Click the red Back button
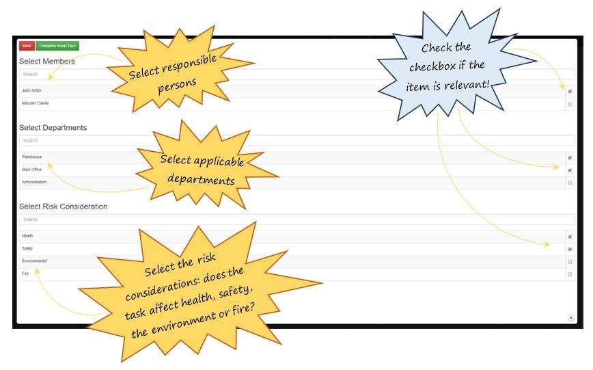[27, 46]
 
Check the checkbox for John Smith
[570, 91]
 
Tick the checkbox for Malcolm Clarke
[570, 104]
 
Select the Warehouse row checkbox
[570, 157]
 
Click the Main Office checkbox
[570, 170]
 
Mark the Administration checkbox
[570, 183]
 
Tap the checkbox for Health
[570, 237]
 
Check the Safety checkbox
[570, 249]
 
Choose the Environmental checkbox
[570, 262]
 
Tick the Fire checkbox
[570, 274]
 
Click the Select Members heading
[46, 61]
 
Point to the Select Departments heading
[53, 127]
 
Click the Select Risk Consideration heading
[63, 206]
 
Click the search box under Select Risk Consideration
[273, 220]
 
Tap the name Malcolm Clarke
[36, 103]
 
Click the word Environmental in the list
[34, 261]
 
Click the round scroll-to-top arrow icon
[570, 318]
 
